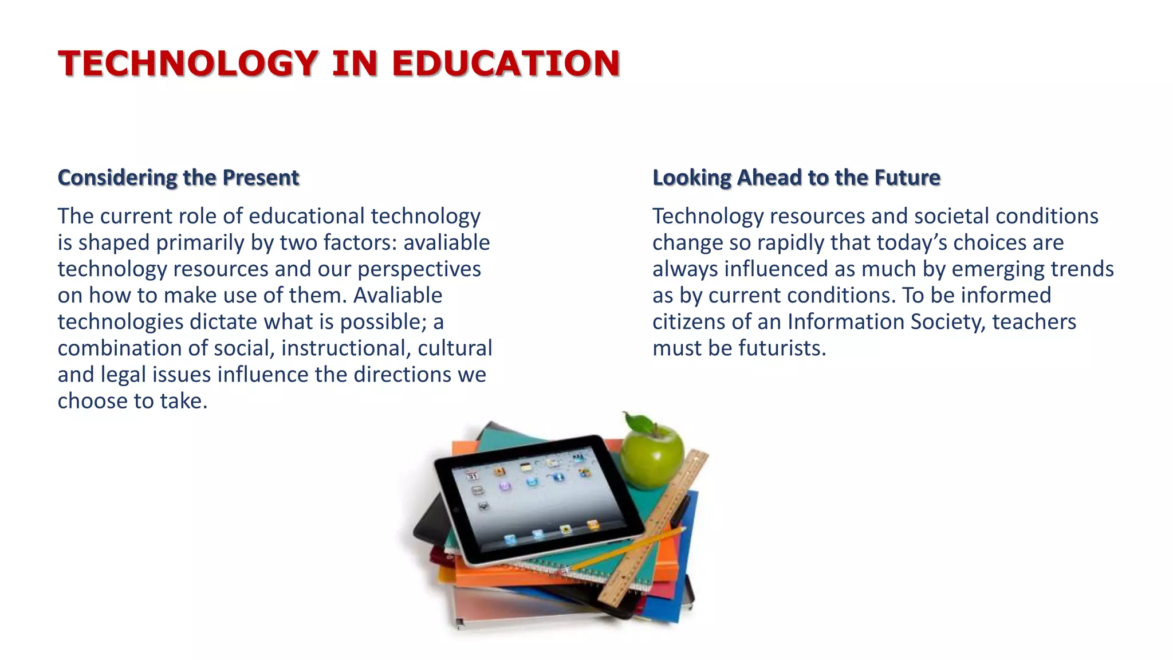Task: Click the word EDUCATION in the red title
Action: [506, 63]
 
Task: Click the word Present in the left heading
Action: [261, 178]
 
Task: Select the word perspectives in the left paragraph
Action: [419, 269]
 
